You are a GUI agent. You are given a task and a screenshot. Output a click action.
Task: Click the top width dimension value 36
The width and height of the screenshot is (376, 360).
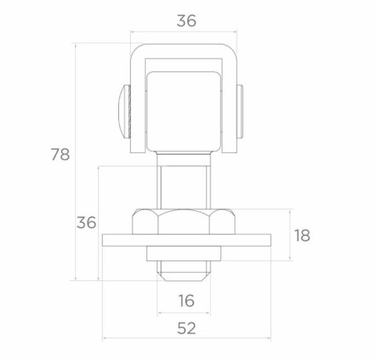pyautogui.click(x=186, y=21)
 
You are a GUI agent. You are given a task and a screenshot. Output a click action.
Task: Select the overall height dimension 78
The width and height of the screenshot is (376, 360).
pyautogui.click(x=60, y=155)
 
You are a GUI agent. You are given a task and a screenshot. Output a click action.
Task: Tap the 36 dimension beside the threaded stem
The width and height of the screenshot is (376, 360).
pyautogui.click(x=86, y=223)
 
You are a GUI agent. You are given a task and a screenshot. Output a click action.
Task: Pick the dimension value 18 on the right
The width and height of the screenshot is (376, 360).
pyautogui.click(x=302, y=235)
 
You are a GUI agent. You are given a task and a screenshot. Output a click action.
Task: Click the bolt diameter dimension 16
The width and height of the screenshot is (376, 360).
pyautogui.click(x=186, y=300)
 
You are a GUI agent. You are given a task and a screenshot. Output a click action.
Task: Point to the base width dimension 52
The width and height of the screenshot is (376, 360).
pyautogui.click(x=186, y=329)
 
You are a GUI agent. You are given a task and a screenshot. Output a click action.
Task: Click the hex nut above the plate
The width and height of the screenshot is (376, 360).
pyautogui.click(x=184, y=221)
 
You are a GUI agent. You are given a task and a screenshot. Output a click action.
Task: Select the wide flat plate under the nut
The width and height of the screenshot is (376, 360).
pyautogui.click(x=186, y=240)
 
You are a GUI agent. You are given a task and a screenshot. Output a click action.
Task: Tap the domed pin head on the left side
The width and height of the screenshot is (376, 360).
pyautogui.click(x=125, y=111)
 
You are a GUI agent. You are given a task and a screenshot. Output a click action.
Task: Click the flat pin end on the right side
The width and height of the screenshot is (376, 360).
pyautogui.click(x=240, y=111)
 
